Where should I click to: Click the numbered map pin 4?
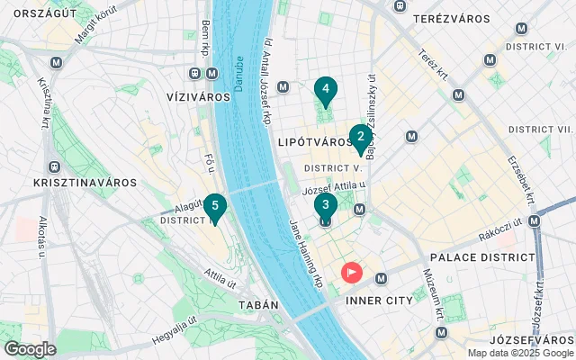coord(325,89)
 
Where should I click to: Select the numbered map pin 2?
coord(361,137)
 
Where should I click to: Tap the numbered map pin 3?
coord(326,204)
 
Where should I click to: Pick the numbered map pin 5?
coord(214,205)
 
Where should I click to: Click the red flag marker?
coord(350,270)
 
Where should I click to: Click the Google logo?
coord(30,348)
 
